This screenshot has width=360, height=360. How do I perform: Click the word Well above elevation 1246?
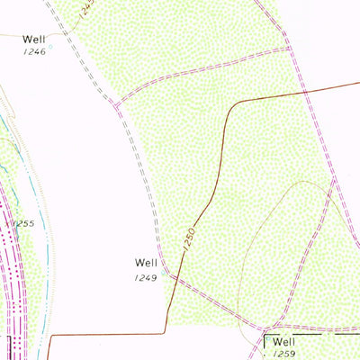pos(34,40)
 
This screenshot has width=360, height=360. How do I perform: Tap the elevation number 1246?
pos(34,53)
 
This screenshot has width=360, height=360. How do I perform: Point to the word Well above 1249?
pos(147,263)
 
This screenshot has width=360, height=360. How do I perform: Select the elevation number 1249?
pos(148,277)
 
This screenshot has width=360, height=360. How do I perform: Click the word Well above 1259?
pos(284,342)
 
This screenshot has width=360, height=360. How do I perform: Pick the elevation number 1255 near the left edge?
pos(24,223)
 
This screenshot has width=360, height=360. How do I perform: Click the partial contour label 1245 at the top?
pos(85,10)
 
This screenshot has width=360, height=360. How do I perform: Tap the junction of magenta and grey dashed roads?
pos(116,106)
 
